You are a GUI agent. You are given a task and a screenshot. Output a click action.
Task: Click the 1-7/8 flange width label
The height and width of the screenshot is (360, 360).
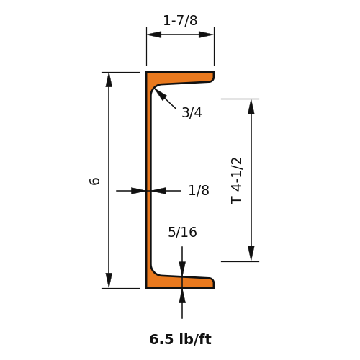(180, 21)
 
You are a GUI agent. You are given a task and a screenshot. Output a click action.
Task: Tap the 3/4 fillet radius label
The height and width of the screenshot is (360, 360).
(192, 112)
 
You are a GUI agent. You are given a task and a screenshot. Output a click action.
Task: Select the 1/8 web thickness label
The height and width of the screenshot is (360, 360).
(199, 191)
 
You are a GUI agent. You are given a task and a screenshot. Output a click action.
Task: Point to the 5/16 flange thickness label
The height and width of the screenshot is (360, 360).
(182, 233)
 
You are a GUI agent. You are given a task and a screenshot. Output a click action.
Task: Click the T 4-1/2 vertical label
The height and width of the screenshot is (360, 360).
(236, 181)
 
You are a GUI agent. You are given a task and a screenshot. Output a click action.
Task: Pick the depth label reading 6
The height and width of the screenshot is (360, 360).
(94, 181)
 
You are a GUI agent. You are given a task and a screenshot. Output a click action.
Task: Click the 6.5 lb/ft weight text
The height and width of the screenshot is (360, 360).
(180, 339)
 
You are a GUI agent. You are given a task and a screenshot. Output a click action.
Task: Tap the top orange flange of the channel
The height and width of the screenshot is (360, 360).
(180, 77)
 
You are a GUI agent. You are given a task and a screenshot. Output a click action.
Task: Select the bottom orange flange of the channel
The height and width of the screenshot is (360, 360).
(180, 282)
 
